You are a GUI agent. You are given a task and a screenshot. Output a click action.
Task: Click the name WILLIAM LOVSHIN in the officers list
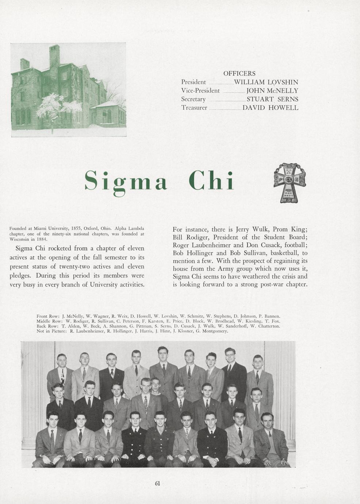[266, 82]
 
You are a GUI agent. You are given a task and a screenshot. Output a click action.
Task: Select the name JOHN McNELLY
[272, 91]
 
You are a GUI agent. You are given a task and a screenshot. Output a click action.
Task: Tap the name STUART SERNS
[272, 99]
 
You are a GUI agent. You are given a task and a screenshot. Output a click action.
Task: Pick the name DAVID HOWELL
[270, 108]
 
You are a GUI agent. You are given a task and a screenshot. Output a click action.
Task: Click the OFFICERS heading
[239, 73]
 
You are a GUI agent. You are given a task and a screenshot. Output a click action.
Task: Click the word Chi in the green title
[211, 180]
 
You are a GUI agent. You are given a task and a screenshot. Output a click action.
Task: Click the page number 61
[158, 483]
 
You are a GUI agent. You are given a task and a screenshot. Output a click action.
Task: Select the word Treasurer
[194, 108]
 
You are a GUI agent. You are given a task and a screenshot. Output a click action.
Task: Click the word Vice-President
[200, 91]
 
